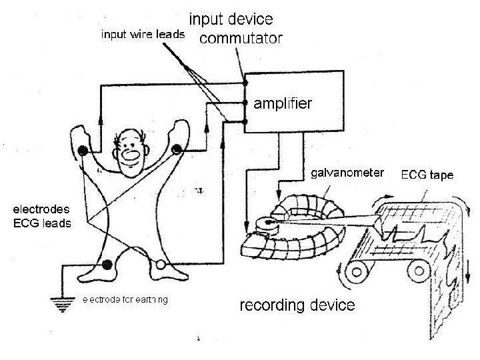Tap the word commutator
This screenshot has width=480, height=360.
241,38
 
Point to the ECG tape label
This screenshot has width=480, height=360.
427,176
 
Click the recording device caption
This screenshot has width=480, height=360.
297,306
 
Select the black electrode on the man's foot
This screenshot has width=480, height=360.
107,268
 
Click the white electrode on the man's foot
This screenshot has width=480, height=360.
160,268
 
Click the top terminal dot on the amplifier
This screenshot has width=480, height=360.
246,83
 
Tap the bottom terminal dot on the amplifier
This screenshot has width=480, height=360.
246,123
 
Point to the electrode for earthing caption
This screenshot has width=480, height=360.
125,299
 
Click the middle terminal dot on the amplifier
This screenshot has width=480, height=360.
246,103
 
